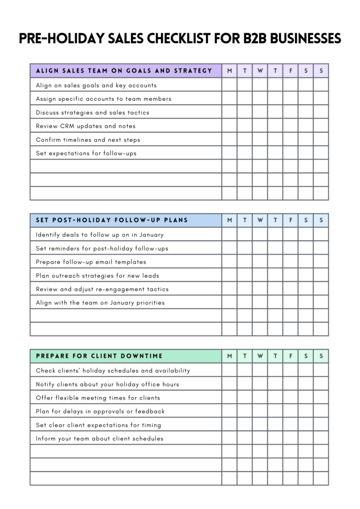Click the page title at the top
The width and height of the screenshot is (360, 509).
point(180,38)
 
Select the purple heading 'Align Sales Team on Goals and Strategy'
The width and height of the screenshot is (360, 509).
point(124,71)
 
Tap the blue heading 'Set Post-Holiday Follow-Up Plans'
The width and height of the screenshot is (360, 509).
point(112,220)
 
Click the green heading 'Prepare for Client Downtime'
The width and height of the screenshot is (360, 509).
point(99,356)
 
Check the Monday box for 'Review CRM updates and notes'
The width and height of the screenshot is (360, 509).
point(229,126)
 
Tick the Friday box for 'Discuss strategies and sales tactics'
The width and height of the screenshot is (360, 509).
point(290,112)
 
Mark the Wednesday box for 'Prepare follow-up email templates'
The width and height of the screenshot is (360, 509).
point(260,261)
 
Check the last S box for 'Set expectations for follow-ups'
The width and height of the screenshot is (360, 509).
point(321,153)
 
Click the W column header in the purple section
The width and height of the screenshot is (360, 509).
point(260,71)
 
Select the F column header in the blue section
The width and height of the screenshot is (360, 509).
point(290,220)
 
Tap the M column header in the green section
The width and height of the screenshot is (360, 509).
point(229,356)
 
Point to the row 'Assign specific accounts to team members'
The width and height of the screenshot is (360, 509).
point(103,99)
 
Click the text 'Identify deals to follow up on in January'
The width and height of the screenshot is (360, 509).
point(99,235)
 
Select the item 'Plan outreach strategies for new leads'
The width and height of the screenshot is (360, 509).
point(97,275)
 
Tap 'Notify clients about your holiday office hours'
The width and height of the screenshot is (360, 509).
point(107,384)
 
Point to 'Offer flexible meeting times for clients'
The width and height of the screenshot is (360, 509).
point(98,398)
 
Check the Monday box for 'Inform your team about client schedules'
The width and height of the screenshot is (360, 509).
point(229,438)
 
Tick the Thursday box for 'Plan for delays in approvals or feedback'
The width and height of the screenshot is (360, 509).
point(275,411)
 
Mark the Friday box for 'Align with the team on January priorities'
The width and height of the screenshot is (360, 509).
point(290,302)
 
